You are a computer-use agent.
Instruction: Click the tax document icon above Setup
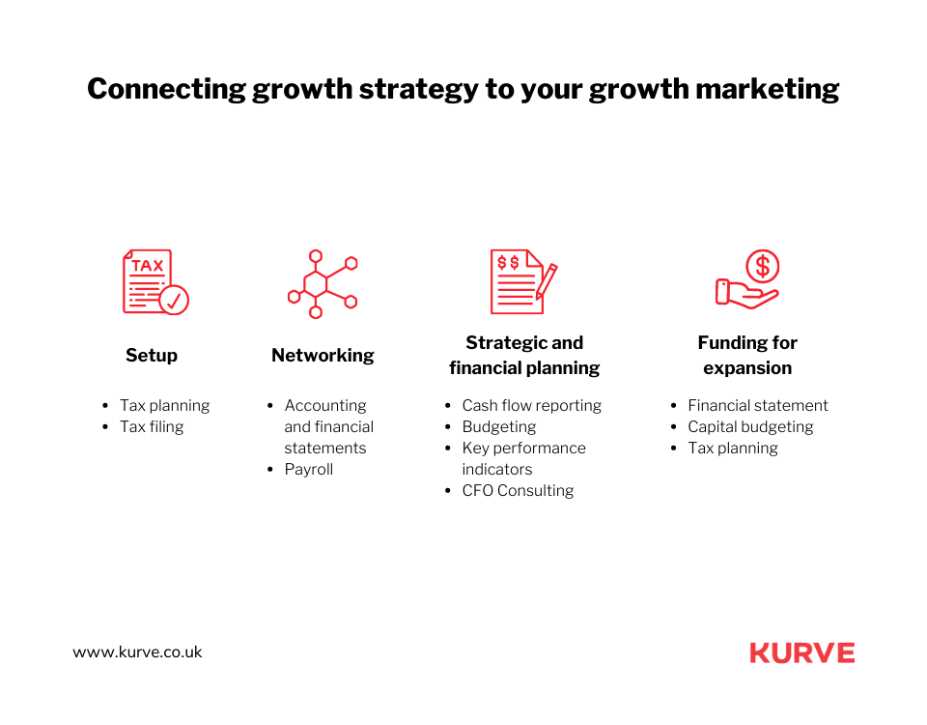(x=154, y=281)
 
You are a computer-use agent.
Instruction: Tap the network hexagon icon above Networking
(x=323, y=283)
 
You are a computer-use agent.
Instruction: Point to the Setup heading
(x=152, y=356)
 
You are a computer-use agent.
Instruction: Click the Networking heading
(x=323, y=356)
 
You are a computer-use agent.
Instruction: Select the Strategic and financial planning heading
(x=524, y=355)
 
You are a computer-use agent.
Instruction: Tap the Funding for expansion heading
(x=747, y=355)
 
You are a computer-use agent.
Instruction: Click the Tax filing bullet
(x=152, y=426)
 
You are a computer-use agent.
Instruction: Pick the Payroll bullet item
(x=309, y=469)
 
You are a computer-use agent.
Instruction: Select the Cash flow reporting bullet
(x=531, y=405)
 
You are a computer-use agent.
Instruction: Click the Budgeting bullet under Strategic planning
(x=499, y=426)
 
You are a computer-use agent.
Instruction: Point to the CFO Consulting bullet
(x=518, y=490)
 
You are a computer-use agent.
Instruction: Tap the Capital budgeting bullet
(x=750, y=426)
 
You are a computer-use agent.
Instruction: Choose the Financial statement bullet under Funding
(x=758, y=405)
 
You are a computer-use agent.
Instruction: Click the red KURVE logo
(x=802, y=653)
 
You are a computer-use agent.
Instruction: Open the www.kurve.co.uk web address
(x=138, y=652)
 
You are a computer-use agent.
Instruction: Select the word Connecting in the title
(x=166, y=90)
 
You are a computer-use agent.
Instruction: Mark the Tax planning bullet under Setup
(x=164, y=405)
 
